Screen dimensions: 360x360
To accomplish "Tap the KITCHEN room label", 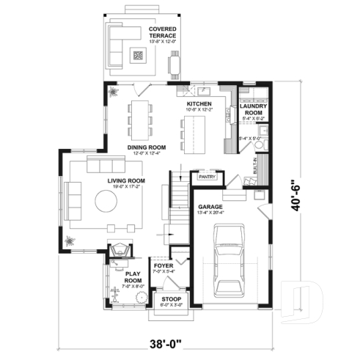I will coord(199,104).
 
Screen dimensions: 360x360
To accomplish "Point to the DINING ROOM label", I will coord(146,147).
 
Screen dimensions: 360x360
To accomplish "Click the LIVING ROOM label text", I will coord(126,180).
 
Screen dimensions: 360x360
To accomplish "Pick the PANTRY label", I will coord(205,177).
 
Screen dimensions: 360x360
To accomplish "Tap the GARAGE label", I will coord(210,207).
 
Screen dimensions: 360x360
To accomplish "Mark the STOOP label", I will coord(172,298).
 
